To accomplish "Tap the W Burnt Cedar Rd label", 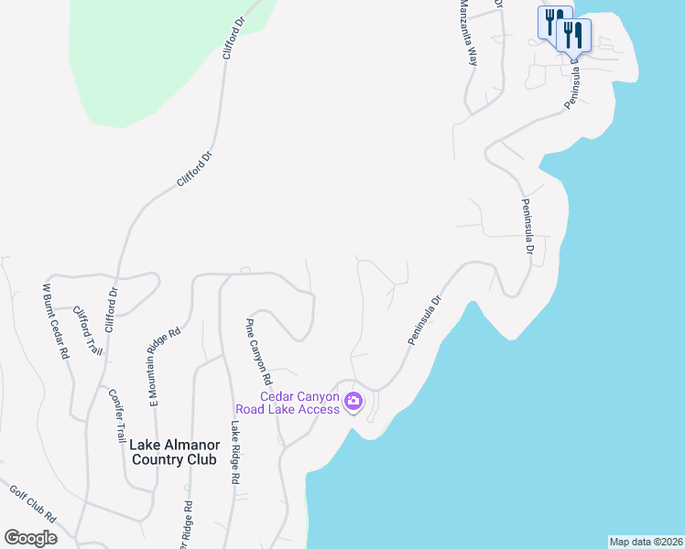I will pos(56,320).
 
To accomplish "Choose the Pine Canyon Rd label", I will pos(258,351).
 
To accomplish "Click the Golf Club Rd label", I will pos(34,504).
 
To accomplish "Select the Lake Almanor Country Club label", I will pos(174,451).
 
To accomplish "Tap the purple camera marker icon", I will pos(353,401).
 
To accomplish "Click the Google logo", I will pos(30,538).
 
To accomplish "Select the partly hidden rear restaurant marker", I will pos(551,20).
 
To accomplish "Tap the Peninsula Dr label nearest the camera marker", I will pos(425,319).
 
